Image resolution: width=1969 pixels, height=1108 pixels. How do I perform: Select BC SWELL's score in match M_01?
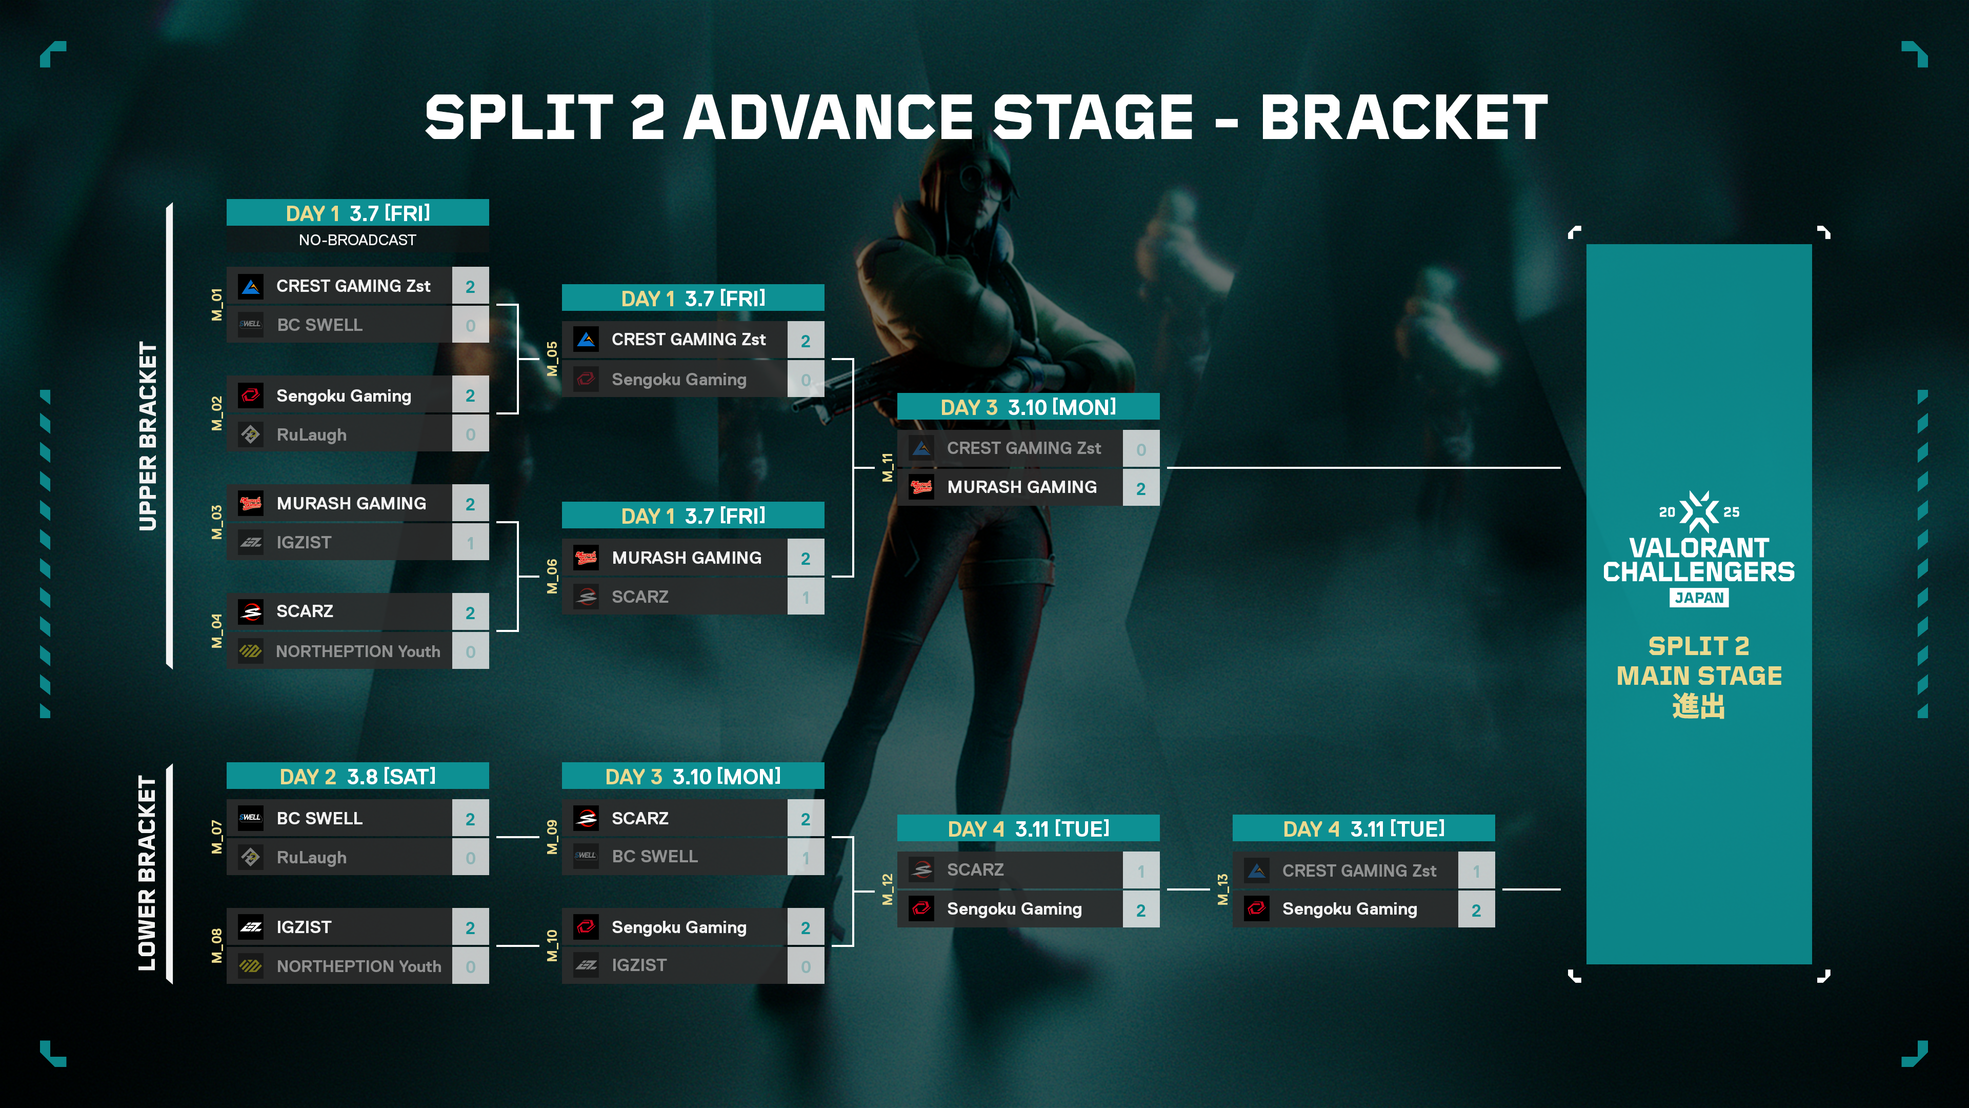[470, 325]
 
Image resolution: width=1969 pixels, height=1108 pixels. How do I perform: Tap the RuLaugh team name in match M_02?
[311, 434]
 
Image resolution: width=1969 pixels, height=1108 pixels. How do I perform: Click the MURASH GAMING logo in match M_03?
[251, 503]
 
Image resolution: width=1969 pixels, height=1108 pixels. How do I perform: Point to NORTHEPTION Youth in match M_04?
[358, 651]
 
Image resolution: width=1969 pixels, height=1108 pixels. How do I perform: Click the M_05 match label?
[552, 359]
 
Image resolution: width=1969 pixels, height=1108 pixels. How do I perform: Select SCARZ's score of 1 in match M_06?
[806, 597]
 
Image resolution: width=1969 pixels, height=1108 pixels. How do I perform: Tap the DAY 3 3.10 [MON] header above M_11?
[1028, 407]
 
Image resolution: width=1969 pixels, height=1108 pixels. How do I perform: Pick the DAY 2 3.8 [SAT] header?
[358, 776]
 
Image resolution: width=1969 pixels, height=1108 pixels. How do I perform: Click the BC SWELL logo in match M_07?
[251, 818]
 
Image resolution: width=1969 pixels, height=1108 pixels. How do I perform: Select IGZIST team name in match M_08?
[304, 927]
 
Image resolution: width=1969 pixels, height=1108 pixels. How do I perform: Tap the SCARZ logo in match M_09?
[586, 818]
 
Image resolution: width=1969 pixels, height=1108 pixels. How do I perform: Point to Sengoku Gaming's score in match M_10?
[806, 927]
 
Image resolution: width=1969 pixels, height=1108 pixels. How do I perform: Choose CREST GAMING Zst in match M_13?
[1359, 870]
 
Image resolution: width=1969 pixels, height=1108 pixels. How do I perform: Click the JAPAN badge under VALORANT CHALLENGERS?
[1699, 597]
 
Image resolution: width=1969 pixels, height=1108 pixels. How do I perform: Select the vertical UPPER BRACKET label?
[148, 436]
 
